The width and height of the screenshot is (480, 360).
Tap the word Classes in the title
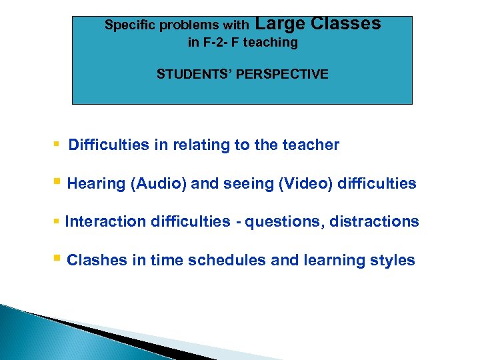coord(345,24)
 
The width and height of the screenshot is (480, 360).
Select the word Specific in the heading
coord(128,25)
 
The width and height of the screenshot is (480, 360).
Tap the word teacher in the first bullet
coord(312,145)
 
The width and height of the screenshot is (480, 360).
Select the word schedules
coord(227,260)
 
